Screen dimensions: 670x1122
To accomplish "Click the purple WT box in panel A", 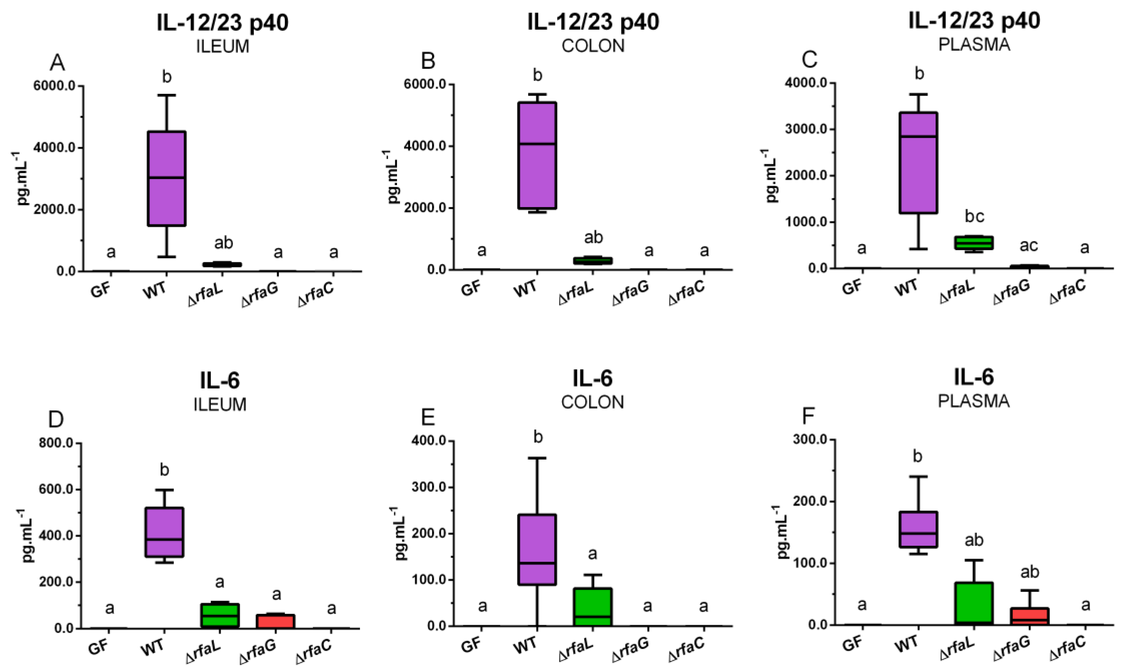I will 167,178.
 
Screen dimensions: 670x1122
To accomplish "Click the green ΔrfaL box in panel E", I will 593,607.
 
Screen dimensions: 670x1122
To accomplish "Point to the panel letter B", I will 428,61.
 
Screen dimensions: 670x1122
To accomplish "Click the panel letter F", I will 808,417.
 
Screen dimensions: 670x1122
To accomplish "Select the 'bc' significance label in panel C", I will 974,217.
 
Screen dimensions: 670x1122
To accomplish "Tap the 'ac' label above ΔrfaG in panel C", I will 1030,245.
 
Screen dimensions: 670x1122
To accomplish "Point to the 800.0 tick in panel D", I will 56,443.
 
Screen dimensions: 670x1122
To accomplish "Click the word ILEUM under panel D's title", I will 220,405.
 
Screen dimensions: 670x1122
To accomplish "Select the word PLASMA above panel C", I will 974,45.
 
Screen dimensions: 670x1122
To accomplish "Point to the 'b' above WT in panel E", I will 538,437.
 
